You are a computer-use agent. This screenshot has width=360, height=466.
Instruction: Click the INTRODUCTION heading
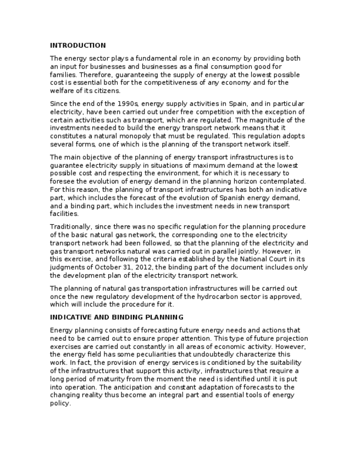pos(77,45)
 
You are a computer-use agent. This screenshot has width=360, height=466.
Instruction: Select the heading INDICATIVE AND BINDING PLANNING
pos(117,317)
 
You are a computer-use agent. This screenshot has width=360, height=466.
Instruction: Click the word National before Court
pos(256,259)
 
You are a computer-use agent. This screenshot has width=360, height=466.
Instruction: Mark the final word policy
pos(60,403)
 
